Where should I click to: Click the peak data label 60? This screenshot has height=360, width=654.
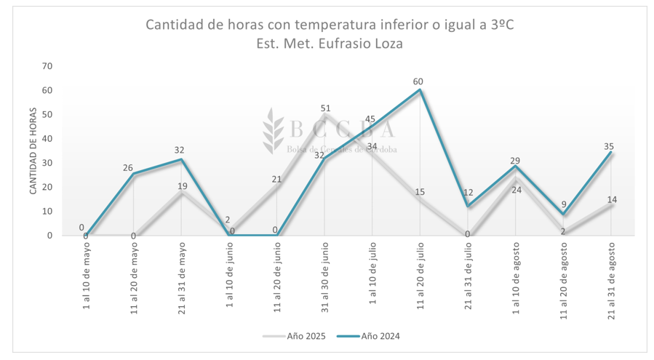coord(418,81)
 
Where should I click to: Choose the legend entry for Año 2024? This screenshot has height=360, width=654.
coord(372,336)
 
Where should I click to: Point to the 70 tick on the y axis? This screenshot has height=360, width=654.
coord(47,66)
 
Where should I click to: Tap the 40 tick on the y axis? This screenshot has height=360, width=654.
coord(47,139)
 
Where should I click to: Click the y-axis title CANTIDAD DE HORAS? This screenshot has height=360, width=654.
coord(33,151)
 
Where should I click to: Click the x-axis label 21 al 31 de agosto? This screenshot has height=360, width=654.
coord(611,277)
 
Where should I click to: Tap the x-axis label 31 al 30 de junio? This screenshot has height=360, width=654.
coord(324,278)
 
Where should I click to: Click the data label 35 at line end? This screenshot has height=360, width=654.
coord(609,146)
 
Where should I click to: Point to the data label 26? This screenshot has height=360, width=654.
coord(128,168)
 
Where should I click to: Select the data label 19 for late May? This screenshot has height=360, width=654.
coord(182,185)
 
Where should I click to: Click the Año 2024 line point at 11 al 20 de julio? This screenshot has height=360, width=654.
coord(420,90)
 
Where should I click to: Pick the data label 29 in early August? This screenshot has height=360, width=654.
coord(515,160)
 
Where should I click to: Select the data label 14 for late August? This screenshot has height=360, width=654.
coord(611,199)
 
